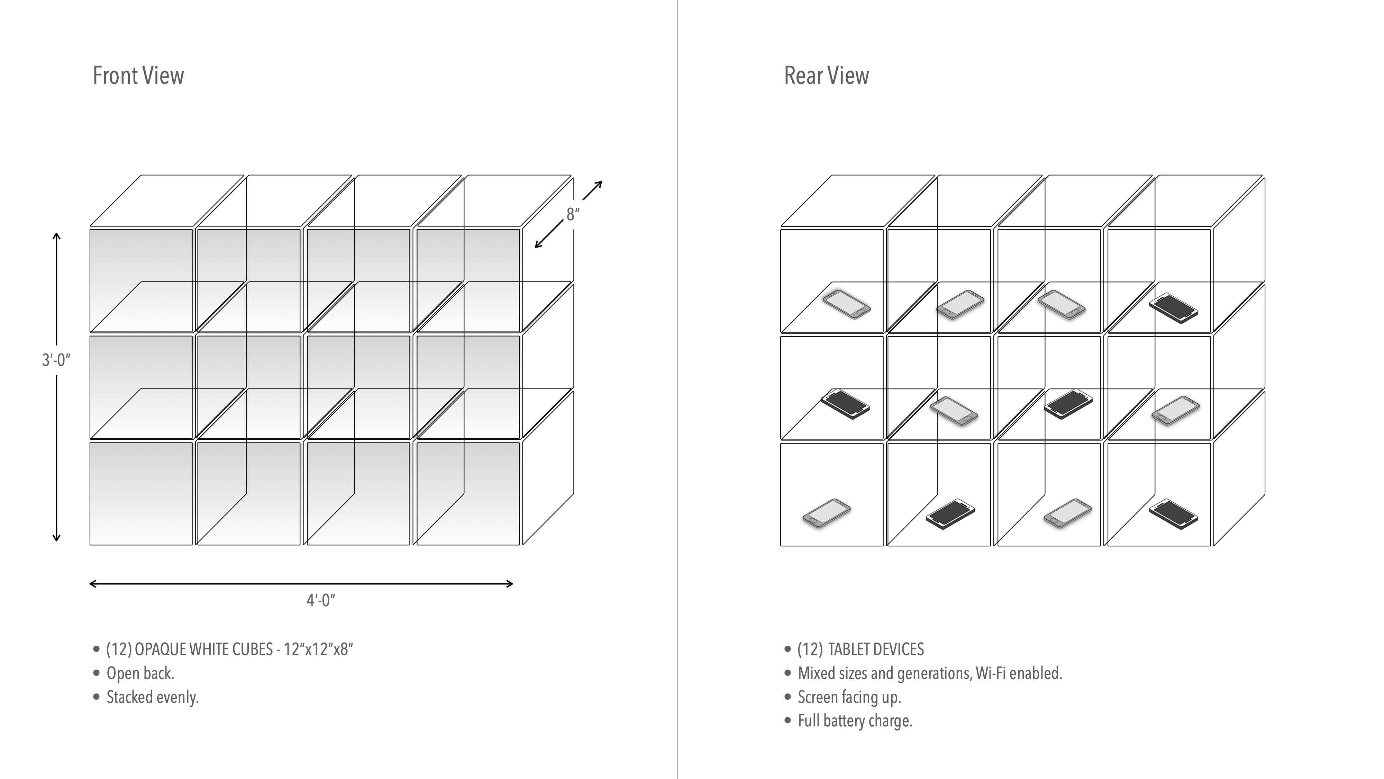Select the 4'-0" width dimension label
point(321,600)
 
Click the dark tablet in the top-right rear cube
point(1173,308)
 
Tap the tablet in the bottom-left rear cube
point(826,513)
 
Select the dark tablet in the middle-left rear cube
point(845,404)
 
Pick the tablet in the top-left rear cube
point(846,304)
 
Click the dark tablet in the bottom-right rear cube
point(1173,514)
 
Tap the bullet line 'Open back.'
point(140,673)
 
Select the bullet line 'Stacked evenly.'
point(153,697)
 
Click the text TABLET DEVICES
point(876,650)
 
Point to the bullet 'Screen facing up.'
point(849,697)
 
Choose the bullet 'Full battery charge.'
point(855,721)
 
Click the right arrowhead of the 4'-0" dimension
point(510,584)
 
